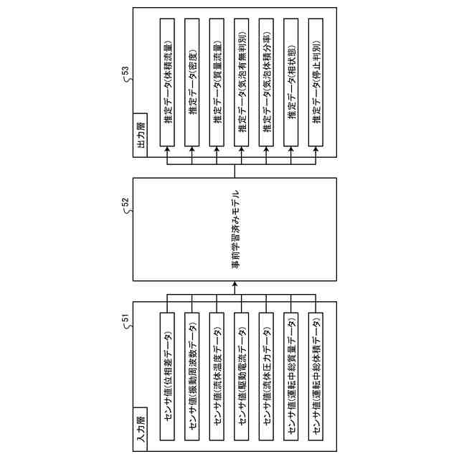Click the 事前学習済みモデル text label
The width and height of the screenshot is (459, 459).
point(236,229)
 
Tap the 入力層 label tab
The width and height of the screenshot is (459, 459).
point(141,430)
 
